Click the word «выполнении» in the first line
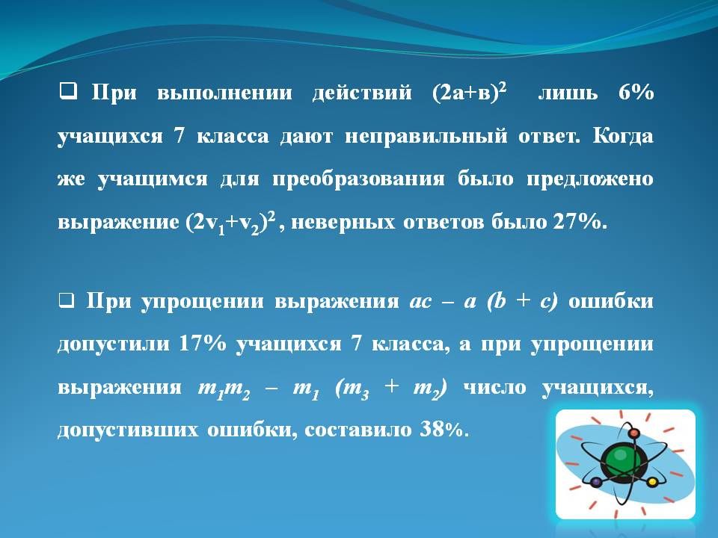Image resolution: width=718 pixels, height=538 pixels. pos(224,93)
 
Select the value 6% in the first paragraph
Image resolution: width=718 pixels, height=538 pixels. pos(636,92)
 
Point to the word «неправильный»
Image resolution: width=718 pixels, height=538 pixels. pos(426,136)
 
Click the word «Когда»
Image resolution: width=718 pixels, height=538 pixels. pos(623,136)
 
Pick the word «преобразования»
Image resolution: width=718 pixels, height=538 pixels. pos(358,179)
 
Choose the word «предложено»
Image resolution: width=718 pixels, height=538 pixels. pos(590,179)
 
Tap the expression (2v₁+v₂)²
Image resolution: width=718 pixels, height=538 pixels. pos(231,223)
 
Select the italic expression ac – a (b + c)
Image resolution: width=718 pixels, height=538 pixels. pos(484,302)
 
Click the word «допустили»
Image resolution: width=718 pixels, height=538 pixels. pos(114,344)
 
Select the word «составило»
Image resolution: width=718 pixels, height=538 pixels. pos(358,430)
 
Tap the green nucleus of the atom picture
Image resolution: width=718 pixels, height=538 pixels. pos(620,460)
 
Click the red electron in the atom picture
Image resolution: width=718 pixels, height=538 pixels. pos(633,433)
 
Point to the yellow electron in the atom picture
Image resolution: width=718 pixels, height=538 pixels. pos(652,482)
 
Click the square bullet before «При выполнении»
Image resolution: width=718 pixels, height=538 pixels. pos(68,91)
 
